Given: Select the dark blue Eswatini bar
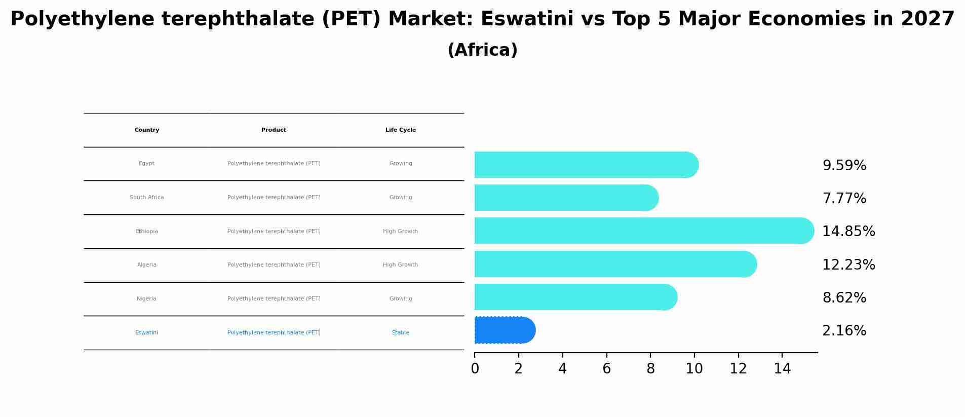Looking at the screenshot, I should point(505,330).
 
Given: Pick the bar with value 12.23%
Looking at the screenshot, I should point(615,264).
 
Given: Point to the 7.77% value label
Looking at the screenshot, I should point(844,199).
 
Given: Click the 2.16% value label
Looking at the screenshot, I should point(844,331).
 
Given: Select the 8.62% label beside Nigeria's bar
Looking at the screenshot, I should point(844,298).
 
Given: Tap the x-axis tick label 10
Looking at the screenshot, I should point(694,369).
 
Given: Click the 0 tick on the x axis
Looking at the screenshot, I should point(475,369).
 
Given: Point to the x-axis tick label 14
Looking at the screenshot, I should point(782,369).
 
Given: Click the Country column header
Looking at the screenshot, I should point(147,130).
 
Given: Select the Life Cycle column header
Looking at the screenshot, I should point(400,130).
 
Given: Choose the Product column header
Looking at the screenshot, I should point(274,130).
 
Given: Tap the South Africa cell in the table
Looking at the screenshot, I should point(147,198).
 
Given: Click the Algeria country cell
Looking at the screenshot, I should point(147,265).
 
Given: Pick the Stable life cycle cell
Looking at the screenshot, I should point(400,333).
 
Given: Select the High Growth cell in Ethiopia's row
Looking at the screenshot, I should point(400,232).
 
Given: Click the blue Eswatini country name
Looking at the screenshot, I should point(147,333).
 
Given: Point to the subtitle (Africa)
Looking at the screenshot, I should point(482,50).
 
